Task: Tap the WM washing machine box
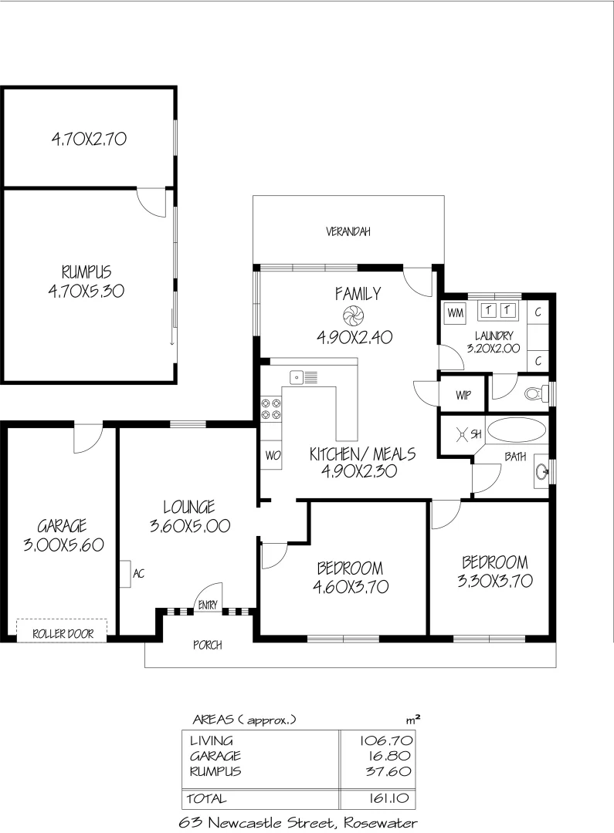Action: [x=455, y=312]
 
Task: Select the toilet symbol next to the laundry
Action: [x=533, y=394]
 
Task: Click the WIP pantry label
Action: [x=463, y=396]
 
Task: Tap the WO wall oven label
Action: [x=272, y=455]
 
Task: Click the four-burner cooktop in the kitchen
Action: [x=271, y=408]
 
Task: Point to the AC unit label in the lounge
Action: [x=139, y=574]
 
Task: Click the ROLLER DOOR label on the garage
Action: [x=63, y=634]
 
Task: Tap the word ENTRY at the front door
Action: [x=208, y=605]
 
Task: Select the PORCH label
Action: [x=207, y=645]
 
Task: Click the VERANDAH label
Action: [x=348, y=231]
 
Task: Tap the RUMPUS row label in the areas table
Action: [x=215, y=771]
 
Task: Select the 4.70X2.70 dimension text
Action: [x=89, y=139]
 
